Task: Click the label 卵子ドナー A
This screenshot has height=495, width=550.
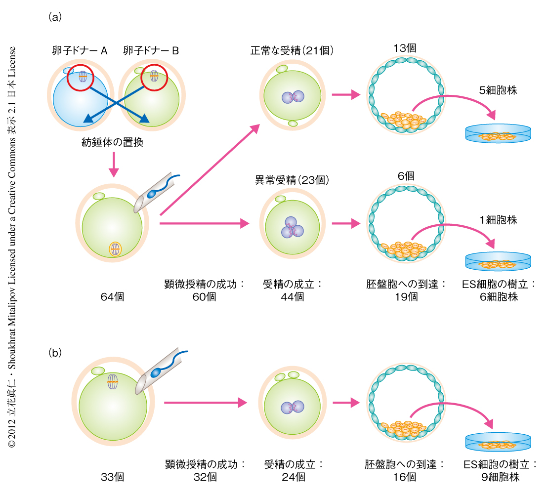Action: (80, 50)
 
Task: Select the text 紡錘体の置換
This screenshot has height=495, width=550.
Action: (113, 143)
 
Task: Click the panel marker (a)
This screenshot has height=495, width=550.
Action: (54, 17)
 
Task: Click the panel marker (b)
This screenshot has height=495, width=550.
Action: (54, 353)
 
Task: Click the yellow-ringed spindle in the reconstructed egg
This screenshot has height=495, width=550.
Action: (115, 249)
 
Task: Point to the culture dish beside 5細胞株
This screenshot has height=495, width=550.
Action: (498, 134)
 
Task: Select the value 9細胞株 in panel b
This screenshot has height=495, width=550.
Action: (500, 477)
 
